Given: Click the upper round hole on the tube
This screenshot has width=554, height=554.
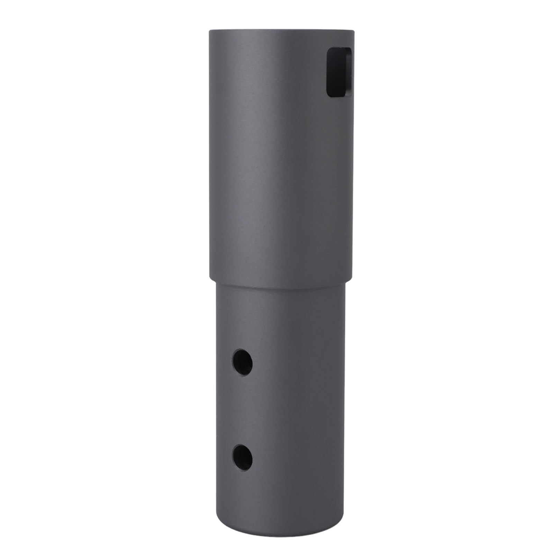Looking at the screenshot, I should point(242,363).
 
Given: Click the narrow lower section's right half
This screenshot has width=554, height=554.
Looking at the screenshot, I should point(311,398).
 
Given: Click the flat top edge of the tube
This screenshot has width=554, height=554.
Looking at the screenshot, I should point(281,30).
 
